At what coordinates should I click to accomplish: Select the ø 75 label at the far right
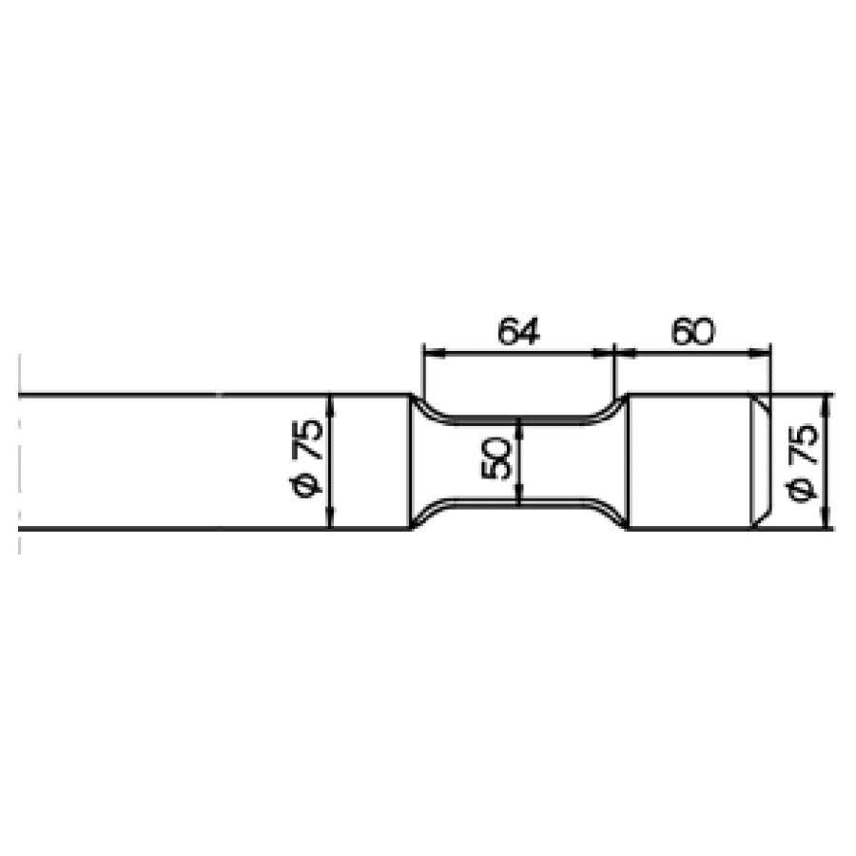(803, 461)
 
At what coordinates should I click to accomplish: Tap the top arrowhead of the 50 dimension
(517, 425)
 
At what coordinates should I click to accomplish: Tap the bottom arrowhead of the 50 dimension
(517, 496)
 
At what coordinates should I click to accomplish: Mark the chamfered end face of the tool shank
(762, 461)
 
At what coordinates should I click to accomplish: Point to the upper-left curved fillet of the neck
(425, 408)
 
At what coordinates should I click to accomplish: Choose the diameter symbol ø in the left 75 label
(308, 486)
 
